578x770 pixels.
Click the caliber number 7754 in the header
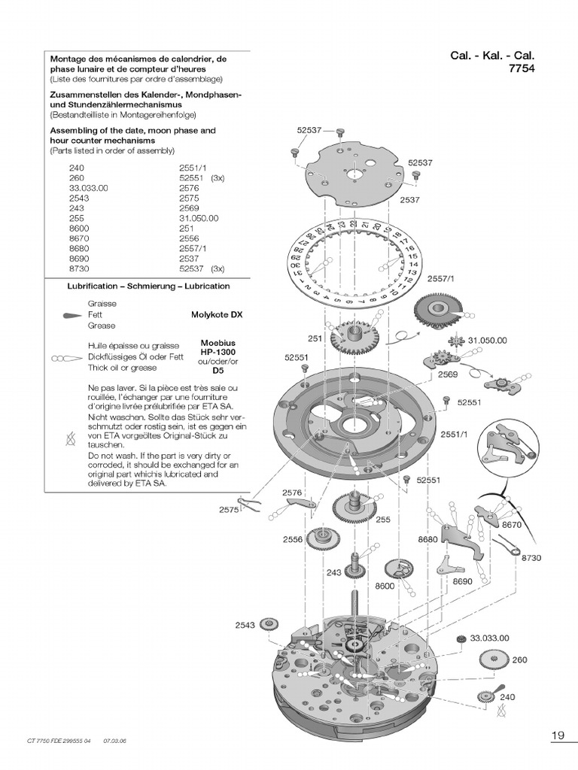tap(526, 69)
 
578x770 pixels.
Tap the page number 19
tap(558, 734)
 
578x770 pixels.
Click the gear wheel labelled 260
tap(492, 661)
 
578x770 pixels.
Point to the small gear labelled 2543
tap(268, 624)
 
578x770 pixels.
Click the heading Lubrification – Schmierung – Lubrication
tap(148, 286)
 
